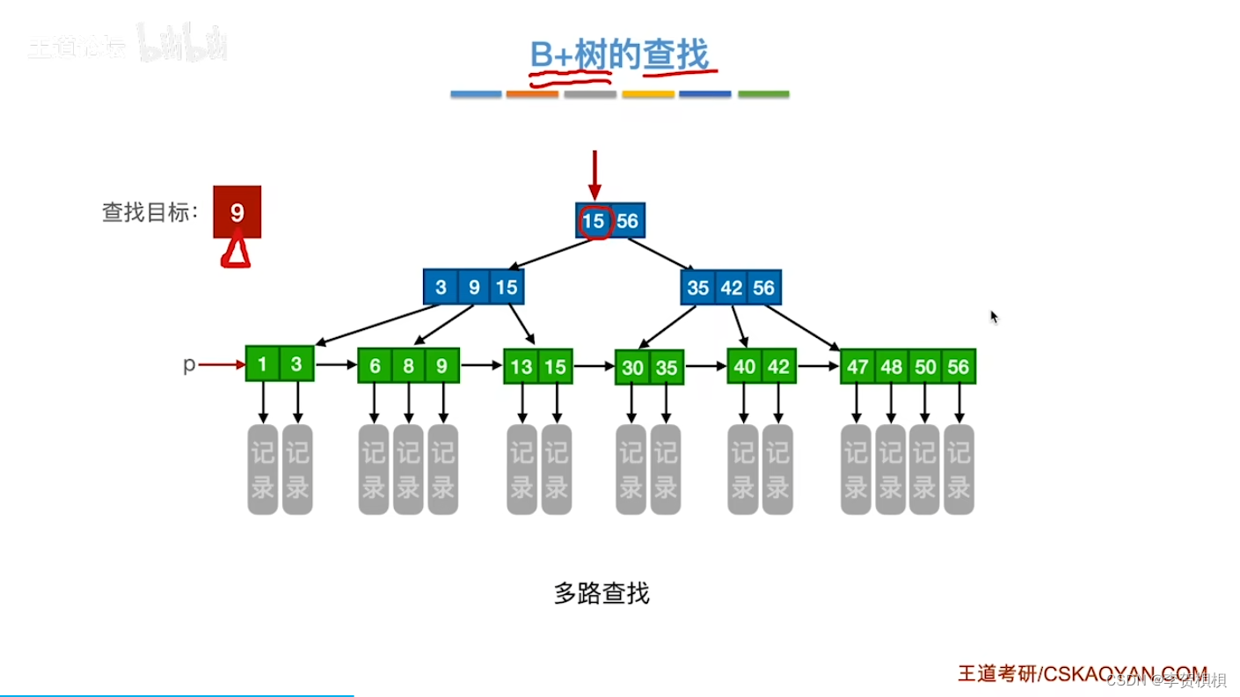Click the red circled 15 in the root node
tap(594, 221)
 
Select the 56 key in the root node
tap(627, 221)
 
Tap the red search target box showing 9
tap(237, 212)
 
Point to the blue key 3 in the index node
tap(441, 288)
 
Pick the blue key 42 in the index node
tap(731, 288)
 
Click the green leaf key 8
tap(408, 366)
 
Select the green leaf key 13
tap(522, 366)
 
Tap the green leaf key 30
tap(632, 368)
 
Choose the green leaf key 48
tap(891, 366)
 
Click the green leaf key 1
tap(262, 363)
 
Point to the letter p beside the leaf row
tap(188, 364)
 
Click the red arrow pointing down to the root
tap(594, 175)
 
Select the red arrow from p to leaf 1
tap(222, 364)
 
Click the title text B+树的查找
tap(619, 55)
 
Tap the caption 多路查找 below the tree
tap(602, 594)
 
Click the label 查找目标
tap(150, 212)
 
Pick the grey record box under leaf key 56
tap(959, 469)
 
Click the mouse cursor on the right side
tap(994, 317)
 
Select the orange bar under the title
tap(532, 94)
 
